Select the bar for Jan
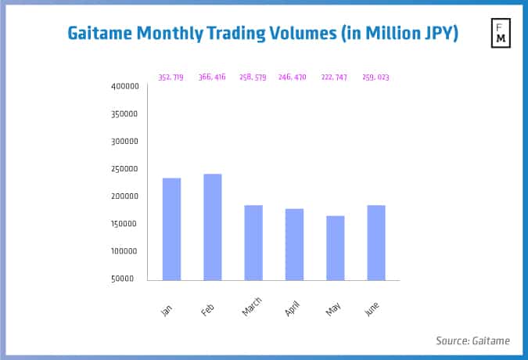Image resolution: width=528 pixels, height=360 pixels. point(171,229)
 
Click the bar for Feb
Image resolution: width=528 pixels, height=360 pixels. point(212,227)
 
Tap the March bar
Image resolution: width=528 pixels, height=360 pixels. point(253,243)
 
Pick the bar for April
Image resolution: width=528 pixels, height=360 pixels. point(294,244)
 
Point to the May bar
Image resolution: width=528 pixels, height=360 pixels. point(335,248)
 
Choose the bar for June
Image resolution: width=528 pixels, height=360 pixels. point(375,243)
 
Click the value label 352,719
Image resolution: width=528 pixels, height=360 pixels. point(171,77)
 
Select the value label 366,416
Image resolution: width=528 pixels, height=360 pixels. point(212,77)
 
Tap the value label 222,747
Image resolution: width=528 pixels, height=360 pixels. point(335,77)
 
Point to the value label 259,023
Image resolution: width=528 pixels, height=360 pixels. point(375,77)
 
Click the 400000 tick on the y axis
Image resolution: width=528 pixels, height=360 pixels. point(125,86)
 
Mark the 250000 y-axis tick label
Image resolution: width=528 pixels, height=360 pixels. point(125,169)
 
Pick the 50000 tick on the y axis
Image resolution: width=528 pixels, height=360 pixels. point(128,279)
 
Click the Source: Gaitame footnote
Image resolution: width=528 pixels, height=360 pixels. point(472,340)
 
